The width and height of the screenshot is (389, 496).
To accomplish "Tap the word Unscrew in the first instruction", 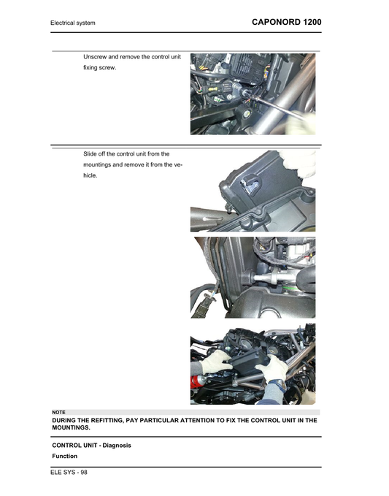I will click(97, 56).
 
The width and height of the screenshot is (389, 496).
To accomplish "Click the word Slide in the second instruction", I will click(92, 154).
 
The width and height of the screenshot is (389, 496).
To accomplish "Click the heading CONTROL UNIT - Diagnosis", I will click(91, 445).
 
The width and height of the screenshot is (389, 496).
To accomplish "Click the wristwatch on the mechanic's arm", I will click(279, 384).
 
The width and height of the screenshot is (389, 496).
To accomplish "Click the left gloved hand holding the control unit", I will click(217, 362).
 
